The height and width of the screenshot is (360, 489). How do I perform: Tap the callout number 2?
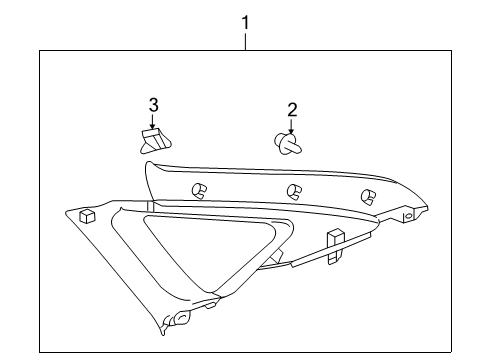[x=291, y=110]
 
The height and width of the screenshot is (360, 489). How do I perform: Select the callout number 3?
[x=154, y=104]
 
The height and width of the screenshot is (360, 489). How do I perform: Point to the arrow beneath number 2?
[x=291, y=127]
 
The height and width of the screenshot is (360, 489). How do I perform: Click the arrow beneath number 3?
[x=154, y=121]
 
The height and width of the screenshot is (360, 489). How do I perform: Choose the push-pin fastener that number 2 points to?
[x=288, y=146]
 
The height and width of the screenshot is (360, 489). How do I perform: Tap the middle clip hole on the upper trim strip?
[x=295, y=191]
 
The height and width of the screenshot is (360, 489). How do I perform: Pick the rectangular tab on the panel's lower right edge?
[x=334, y=239]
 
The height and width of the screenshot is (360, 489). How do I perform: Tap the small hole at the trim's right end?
[x=407, y=215]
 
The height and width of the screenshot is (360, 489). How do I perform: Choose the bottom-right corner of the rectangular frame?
[x=450, y=351]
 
